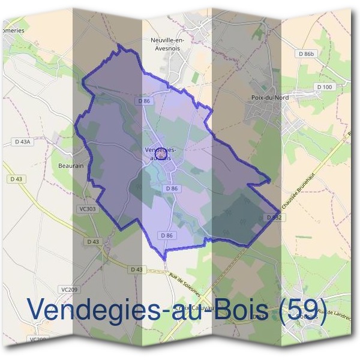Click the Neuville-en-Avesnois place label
[x=166, y=44]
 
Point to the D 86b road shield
[x=306, y=54]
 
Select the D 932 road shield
[x=273, y=217]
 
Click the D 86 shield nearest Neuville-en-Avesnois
[x=143, y=101]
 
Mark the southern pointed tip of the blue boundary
[x=164, y=259]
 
